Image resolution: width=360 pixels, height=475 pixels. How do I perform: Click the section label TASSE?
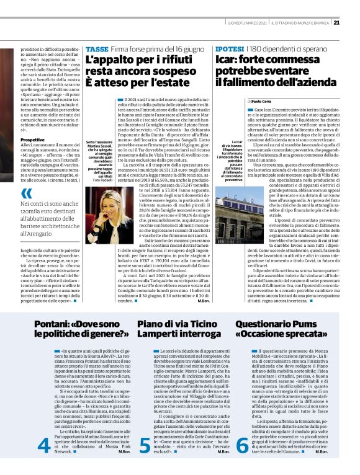[97, 48]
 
